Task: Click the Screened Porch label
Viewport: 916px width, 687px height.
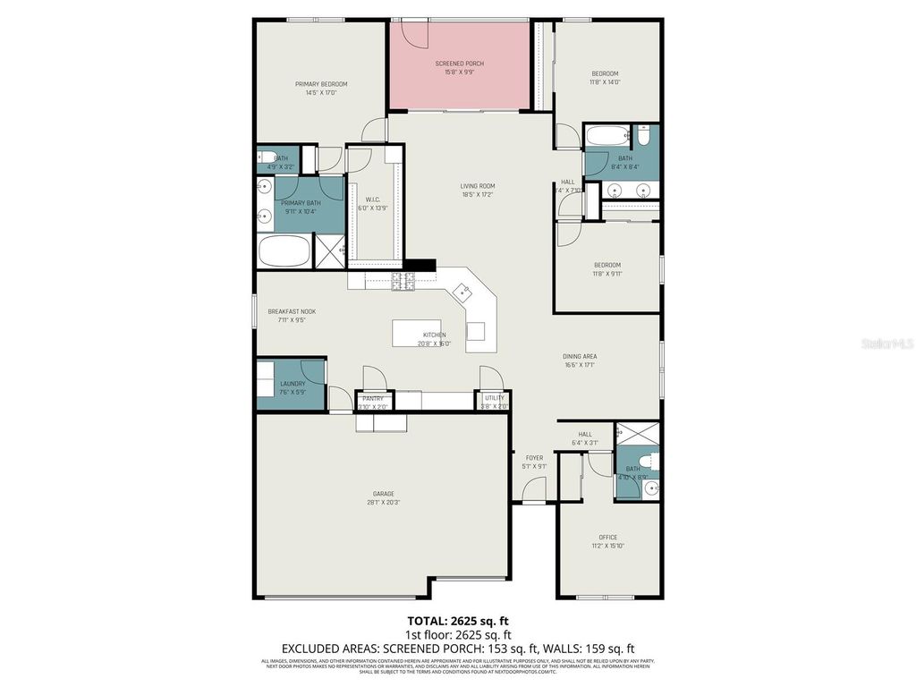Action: [x=459, y=64]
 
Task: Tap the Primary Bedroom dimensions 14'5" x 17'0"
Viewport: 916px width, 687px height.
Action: [x=321, y=92]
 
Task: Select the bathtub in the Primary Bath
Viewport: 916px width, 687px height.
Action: [x=284, y=250]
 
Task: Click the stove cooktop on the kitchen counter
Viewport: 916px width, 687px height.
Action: [x=403, y=282]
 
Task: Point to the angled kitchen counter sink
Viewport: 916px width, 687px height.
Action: [x=462, y=291]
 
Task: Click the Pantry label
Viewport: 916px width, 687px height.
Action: [x=373, y=398]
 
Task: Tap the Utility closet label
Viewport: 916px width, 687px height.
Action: [x=494, y=398]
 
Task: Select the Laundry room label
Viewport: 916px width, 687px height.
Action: [x=293, y=384]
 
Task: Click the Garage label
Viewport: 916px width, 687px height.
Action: [x=384, y=494]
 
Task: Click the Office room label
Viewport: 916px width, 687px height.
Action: [x=608, y=538]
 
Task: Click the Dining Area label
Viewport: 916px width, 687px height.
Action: [x=580, y=356]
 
